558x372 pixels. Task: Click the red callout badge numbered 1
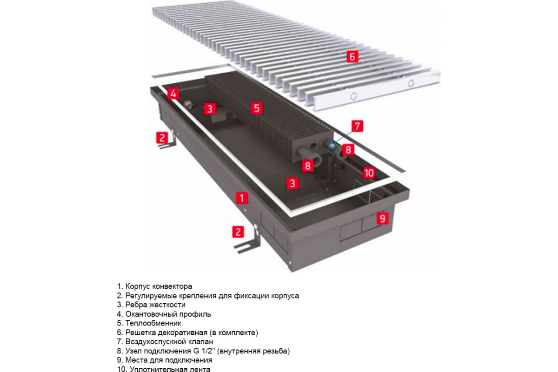[x=241, y=198]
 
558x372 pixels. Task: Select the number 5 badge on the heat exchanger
[x=256, y=108]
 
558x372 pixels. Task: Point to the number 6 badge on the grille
[x=352, y=57]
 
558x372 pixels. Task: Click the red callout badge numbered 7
[x=356, y=126]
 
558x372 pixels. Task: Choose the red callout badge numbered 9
[x=382, y=218]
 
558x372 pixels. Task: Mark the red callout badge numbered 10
[x=368, y=173]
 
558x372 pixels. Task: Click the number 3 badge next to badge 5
[x=210, y=109]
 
